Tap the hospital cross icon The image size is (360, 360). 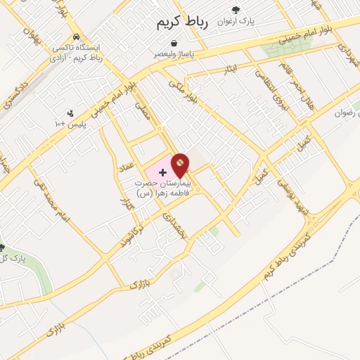(162, 172)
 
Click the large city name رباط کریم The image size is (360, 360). (182, 24)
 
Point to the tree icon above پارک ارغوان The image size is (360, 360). (236, 10)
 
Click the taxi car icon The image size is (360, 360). (75, 37)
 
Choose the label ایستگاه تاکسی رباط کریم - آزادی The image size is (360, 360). (77, 53)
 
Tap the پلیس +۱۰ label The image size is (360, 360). (70, 124)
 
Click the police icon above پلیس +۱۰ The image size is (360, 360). (70, 112)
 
